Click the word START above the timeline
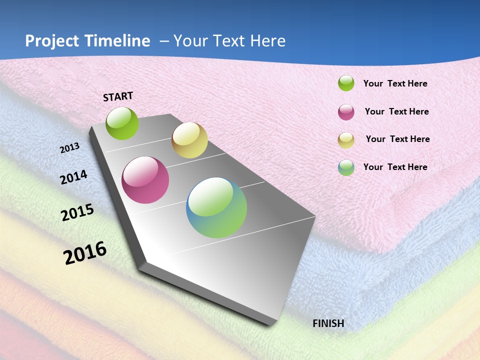click(x=118, y=96)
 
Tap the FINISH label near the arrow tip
click(x=328, y=323)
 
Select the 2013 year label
click(x=70, y=148)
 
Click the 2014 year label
click(x=73, y=177)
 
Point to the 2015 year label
click(x=77, y=212)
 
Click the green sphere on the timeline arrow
click(x=122, y=123)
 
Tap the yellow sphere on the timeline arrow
click(x=189, y=140)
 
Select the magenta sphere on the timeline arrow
click(x=145, y=180)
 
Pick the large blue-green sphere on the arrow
click(x=216, y=207)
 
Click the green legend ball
click(x=346, y=83)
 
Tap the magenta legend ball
click(x=346, y=112)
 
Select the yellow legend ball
click(x=346, y=140)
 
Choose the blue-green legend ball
click(x=346, y=167)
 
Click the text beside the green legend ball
click(x=395, y=84)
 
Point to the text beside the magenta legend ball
click(x=396, y=111)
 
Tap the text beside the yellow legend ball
click(x=397, y=139)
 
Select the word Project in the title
click(x=52, y=41)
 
